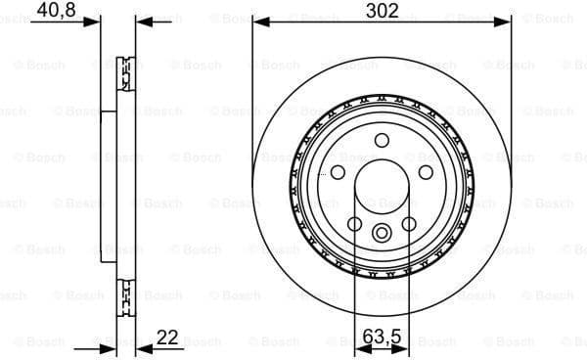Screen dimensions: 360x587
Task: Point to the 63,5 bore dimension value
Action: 382,337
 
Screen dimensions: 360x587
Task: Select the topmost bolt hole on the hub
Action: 382,139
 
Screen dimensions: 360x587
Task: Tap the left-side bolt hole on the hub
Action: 338,172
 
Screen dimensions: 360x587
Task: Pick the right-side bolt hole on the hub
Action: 426,172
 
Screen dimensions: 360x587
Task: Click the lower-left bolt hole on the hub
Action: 354,223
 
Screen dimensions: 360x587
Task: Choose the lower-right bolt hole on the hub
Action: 409,223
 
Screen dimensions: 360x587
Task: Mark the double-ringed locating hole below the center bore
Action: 382,232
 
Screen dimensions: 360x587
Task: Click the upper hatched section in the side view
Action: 124,73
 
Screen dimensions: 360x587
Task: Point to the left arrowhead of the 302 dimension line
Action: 259,21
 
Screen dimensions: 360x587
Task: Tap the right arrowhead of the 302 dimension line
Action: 504,21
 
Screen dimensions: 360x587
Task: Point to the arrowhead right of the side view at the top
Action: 142,21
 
